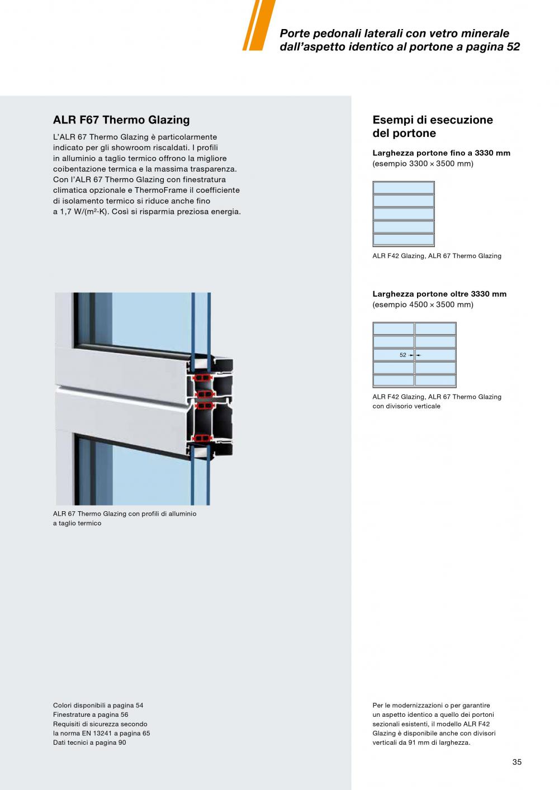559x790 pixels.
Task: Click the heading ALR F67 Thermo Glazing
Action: tap(121, 120)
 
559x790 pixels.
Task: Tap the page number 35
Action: tap(517, 762)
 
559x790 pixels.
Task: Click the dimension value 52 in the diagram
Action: tap(403, 355)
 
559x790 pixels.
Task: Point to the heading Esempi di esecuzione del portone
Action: tap(433, 126)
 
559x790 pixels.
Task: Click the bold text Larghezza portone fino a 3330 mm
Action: tap(441, 153)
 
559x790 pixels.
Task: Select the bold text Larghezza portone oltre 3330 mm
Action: tap(439, 294)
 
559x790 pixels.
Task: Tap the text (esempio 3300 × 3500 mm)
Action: tap(423, 164)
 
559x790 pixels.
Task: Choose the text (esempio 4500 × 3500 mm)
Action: tap(423, 304)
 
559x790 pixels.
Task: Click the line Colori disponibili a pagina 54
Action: tap(98, 705)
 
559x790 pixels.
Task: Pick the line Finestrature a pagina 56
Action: tap(91, 715)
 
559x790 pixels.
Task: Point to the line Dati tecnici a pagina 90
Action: tap(89, 743)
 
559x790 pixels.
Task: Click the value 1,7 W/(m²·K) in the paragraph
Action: tap(79, 212)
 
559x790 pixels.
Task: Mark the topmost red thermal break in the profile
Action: tap(202, 378)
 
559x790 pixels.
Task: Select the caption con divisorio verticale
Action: tap(406, 406)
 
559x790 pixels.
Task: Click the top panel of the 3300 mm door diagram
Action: tap(403, 188)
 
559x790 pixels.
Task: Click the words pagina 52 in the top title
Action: tap(492, 47)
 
